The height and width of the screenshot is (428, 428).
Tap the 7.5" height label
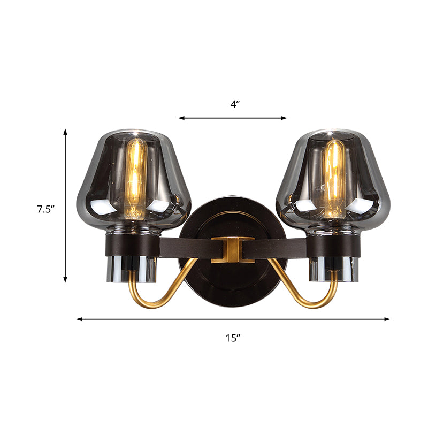pos(47,210)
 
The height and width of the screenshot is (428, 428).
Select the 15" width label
pos(233,338)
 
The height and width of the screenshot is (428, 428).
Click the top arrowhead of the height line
pos(66,131)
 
